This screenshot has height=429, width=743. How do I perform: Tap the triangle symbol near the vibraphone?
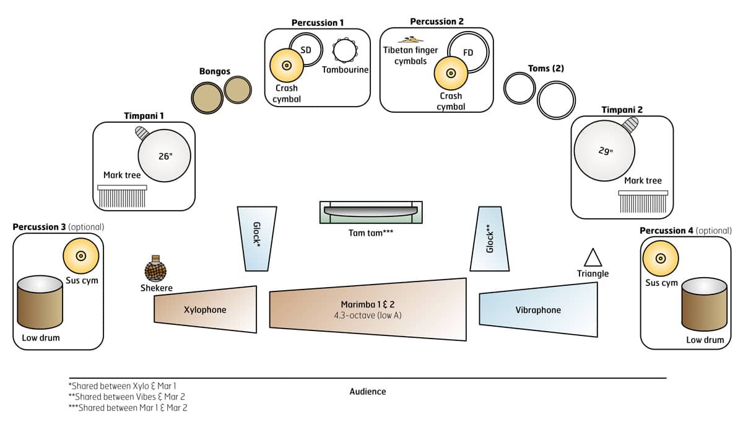(593, 258)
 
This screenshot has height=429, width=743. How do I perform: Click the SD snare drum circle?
(305, 50)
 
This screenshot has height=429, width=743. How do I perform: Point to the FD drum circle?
(468, 53)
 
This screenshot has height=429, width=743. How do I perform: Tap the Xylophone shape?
(206, 309)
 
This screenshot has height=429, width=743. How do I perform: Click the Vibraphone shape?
(538, 310)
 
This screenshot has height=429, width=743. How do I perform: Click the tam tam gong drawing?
(371, 211)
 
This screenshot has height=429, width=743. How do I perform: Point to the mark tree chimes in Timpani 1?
(122, 197)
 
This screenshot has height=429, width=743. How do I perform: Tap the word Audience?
(368, 391)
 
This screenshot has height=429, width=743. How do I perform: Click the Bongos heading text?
(215, 71)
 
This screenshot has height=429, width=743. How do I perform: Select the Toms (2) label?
(546, 68)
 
